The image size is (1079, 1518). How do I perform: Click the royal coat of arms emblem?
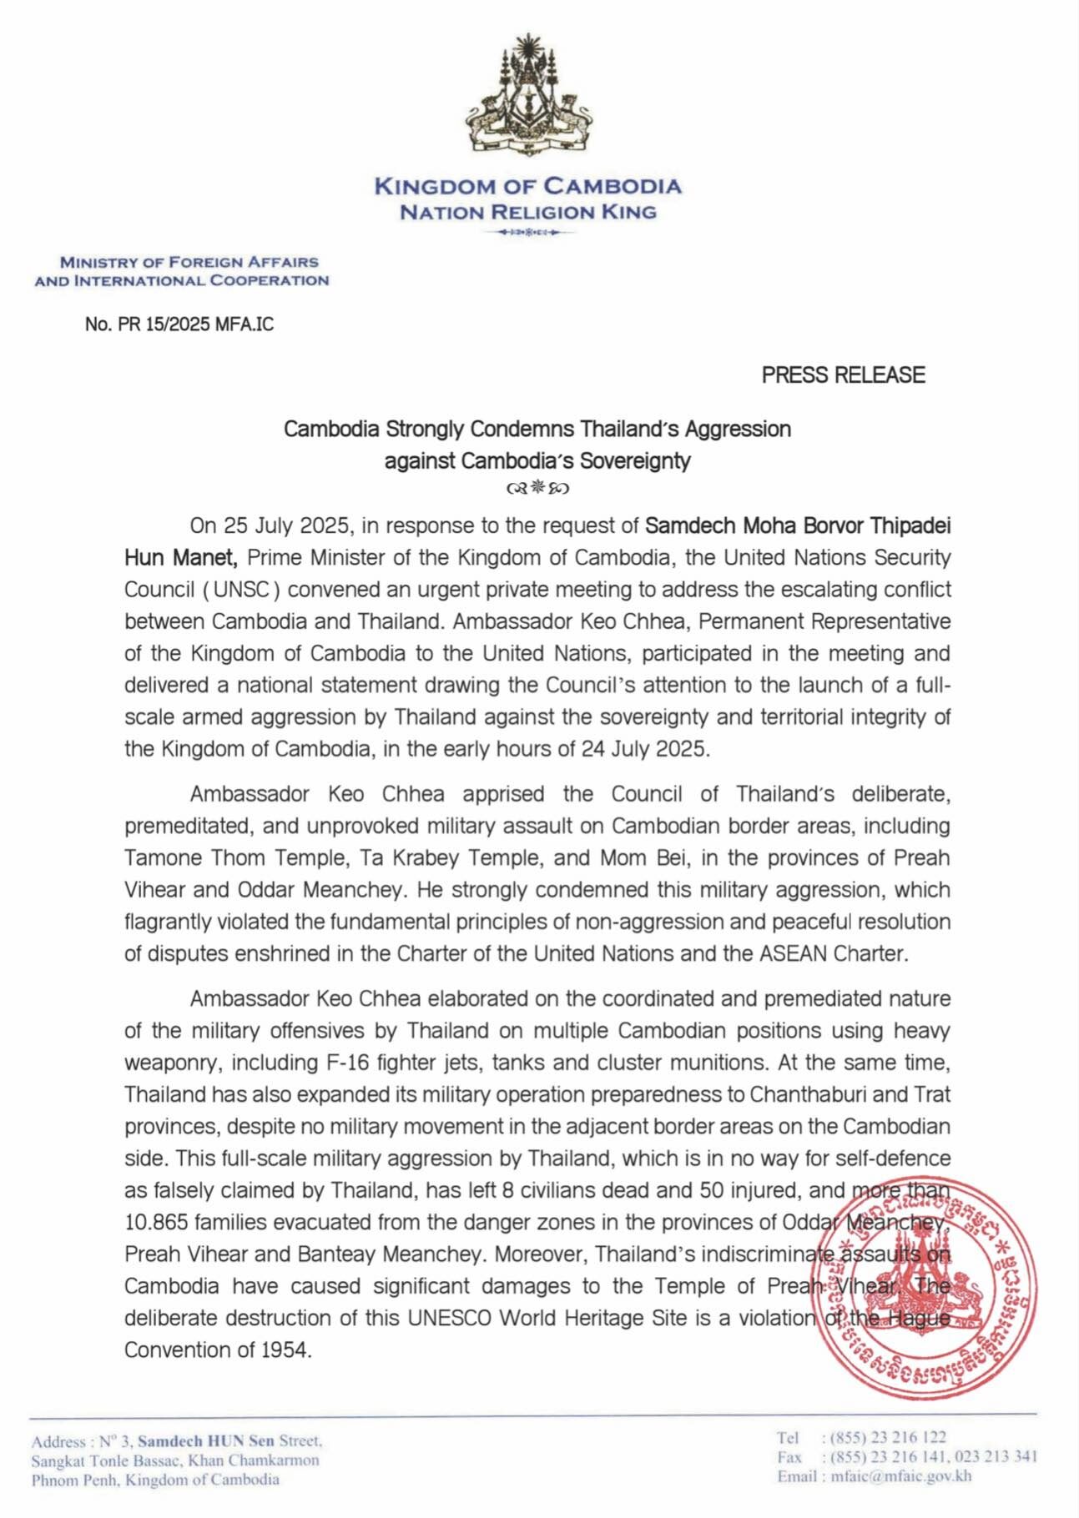[x=527, y=97]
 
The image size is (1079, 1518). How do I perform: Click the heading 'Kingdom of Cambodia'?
[x=527, y=186]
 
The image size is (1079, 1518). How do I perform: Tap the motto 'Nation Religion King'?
[x=527, y=212]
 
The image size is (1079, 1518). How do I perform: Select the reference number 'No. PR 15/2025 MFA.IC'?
[x=179, y=324]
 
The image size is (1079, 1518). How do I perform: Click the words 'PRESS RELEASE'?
[x=843, y=375]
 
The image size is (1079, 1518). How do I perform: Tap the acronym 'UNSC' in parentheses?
[x=241, y=590]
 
